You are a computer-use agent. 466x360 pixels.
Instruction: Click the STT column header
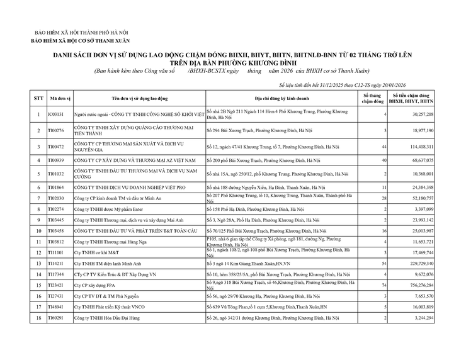(x=38, y=99)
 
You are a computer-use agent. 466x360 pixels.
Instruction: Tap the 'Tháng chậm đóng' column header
(x=372, y=99)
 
